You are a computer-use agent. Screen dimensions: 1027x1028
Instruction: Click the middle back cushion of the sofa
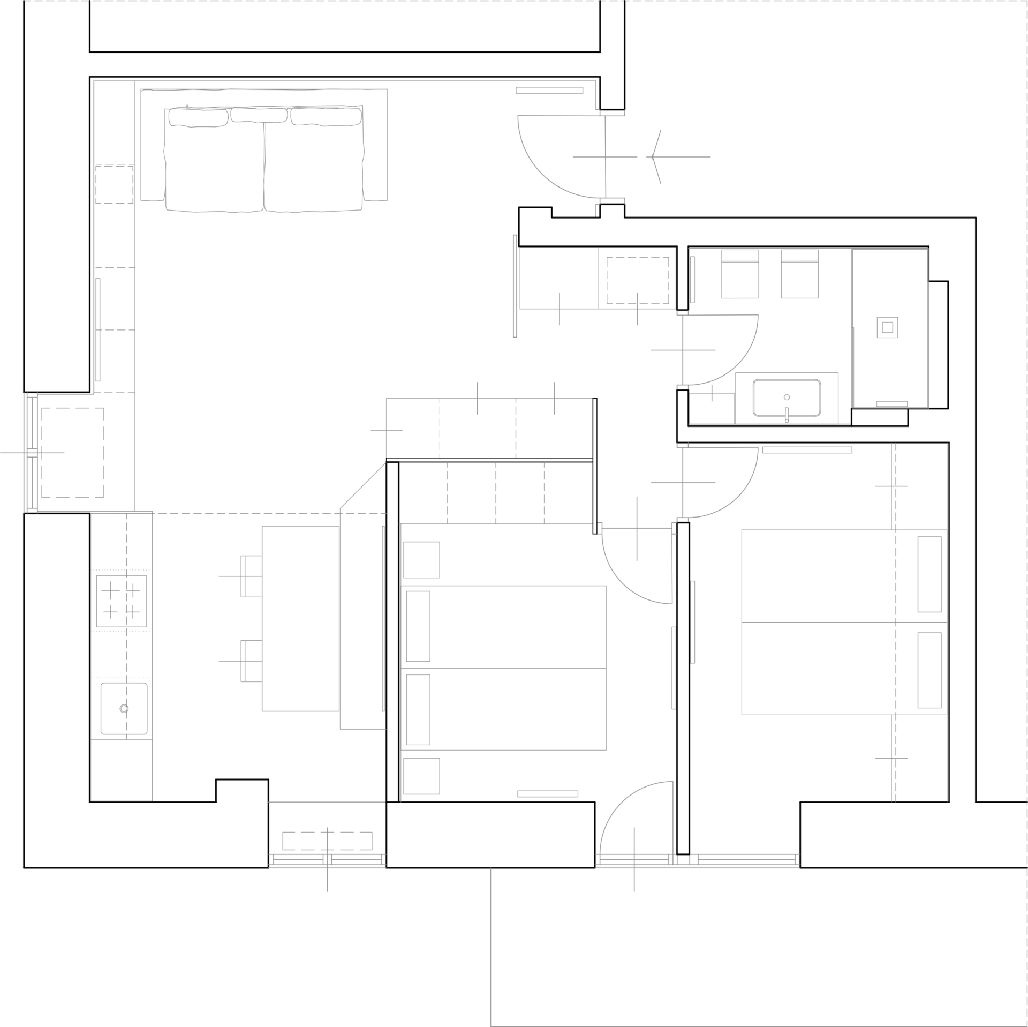(x=259, y=115)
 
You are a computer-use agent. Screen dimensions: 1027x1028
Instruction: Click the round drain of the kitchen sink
(x=124, y=708)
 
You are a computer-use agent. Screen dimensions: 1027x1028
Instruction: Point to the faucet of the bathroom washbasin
(x=787, y=414)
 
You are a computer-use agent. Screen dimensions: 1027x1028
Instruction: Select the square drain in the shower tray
(x=887, y=327)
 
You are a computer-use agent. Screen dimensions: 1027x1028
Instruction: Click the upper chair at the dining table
(x=251, y=576)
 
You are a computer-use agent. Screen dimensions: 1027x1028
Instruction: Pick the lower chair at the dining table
(x=251, y=661)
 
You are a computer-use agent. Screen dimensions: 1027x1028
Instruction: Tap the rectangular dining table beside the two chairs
(x=300, y=619)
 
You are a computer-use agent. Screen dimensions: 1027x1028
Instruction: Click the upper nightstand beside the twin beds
(x=421, y=560)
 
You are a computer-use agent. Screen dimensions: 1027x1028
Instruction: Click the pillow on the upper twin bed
(x=418, y=626)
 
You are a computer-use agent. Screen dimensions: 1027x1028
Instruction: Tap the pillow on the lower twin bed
(x=418, y=710)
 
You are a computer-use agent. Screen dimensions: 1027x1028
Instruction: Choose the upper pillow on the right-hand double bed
(x=929, y=574)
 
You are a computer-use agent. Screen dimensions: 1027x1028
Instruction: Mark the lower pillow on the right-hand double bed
(x=929, y=670)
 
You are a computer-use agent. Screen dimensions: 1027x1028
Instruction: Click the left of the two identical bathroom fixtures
(x=740, y=274)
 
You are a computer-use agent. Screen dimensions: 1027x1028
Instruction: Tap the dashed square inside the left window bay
(x=73, y=453)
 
